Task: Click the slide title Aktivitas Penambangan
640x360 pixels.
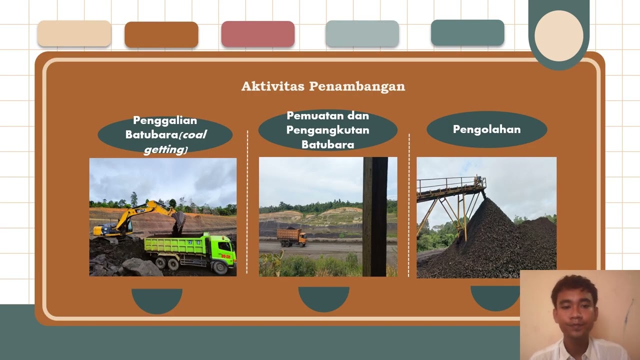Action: click(323, 86)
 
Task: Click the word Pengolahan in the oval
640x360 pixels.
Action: click(486, 129)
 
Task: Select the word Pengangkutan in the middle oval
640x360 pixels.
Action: click(327, 130)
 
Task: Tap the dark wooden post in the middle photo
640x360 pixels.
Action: click(375, 215)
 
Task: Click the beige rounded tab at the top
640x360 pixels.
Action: click(74, 34)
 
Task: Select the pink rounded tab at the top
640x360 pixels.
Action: click(258, 34)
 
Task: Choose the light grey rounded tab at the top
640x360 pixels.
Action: click(362, 34)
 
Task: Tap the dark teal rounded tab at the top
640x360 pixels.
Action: click(467, 33)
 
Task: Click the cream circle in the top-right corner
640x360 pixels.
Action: click(558, 35)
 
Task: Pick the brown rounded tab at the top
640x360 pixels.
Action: click(161, 35)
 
